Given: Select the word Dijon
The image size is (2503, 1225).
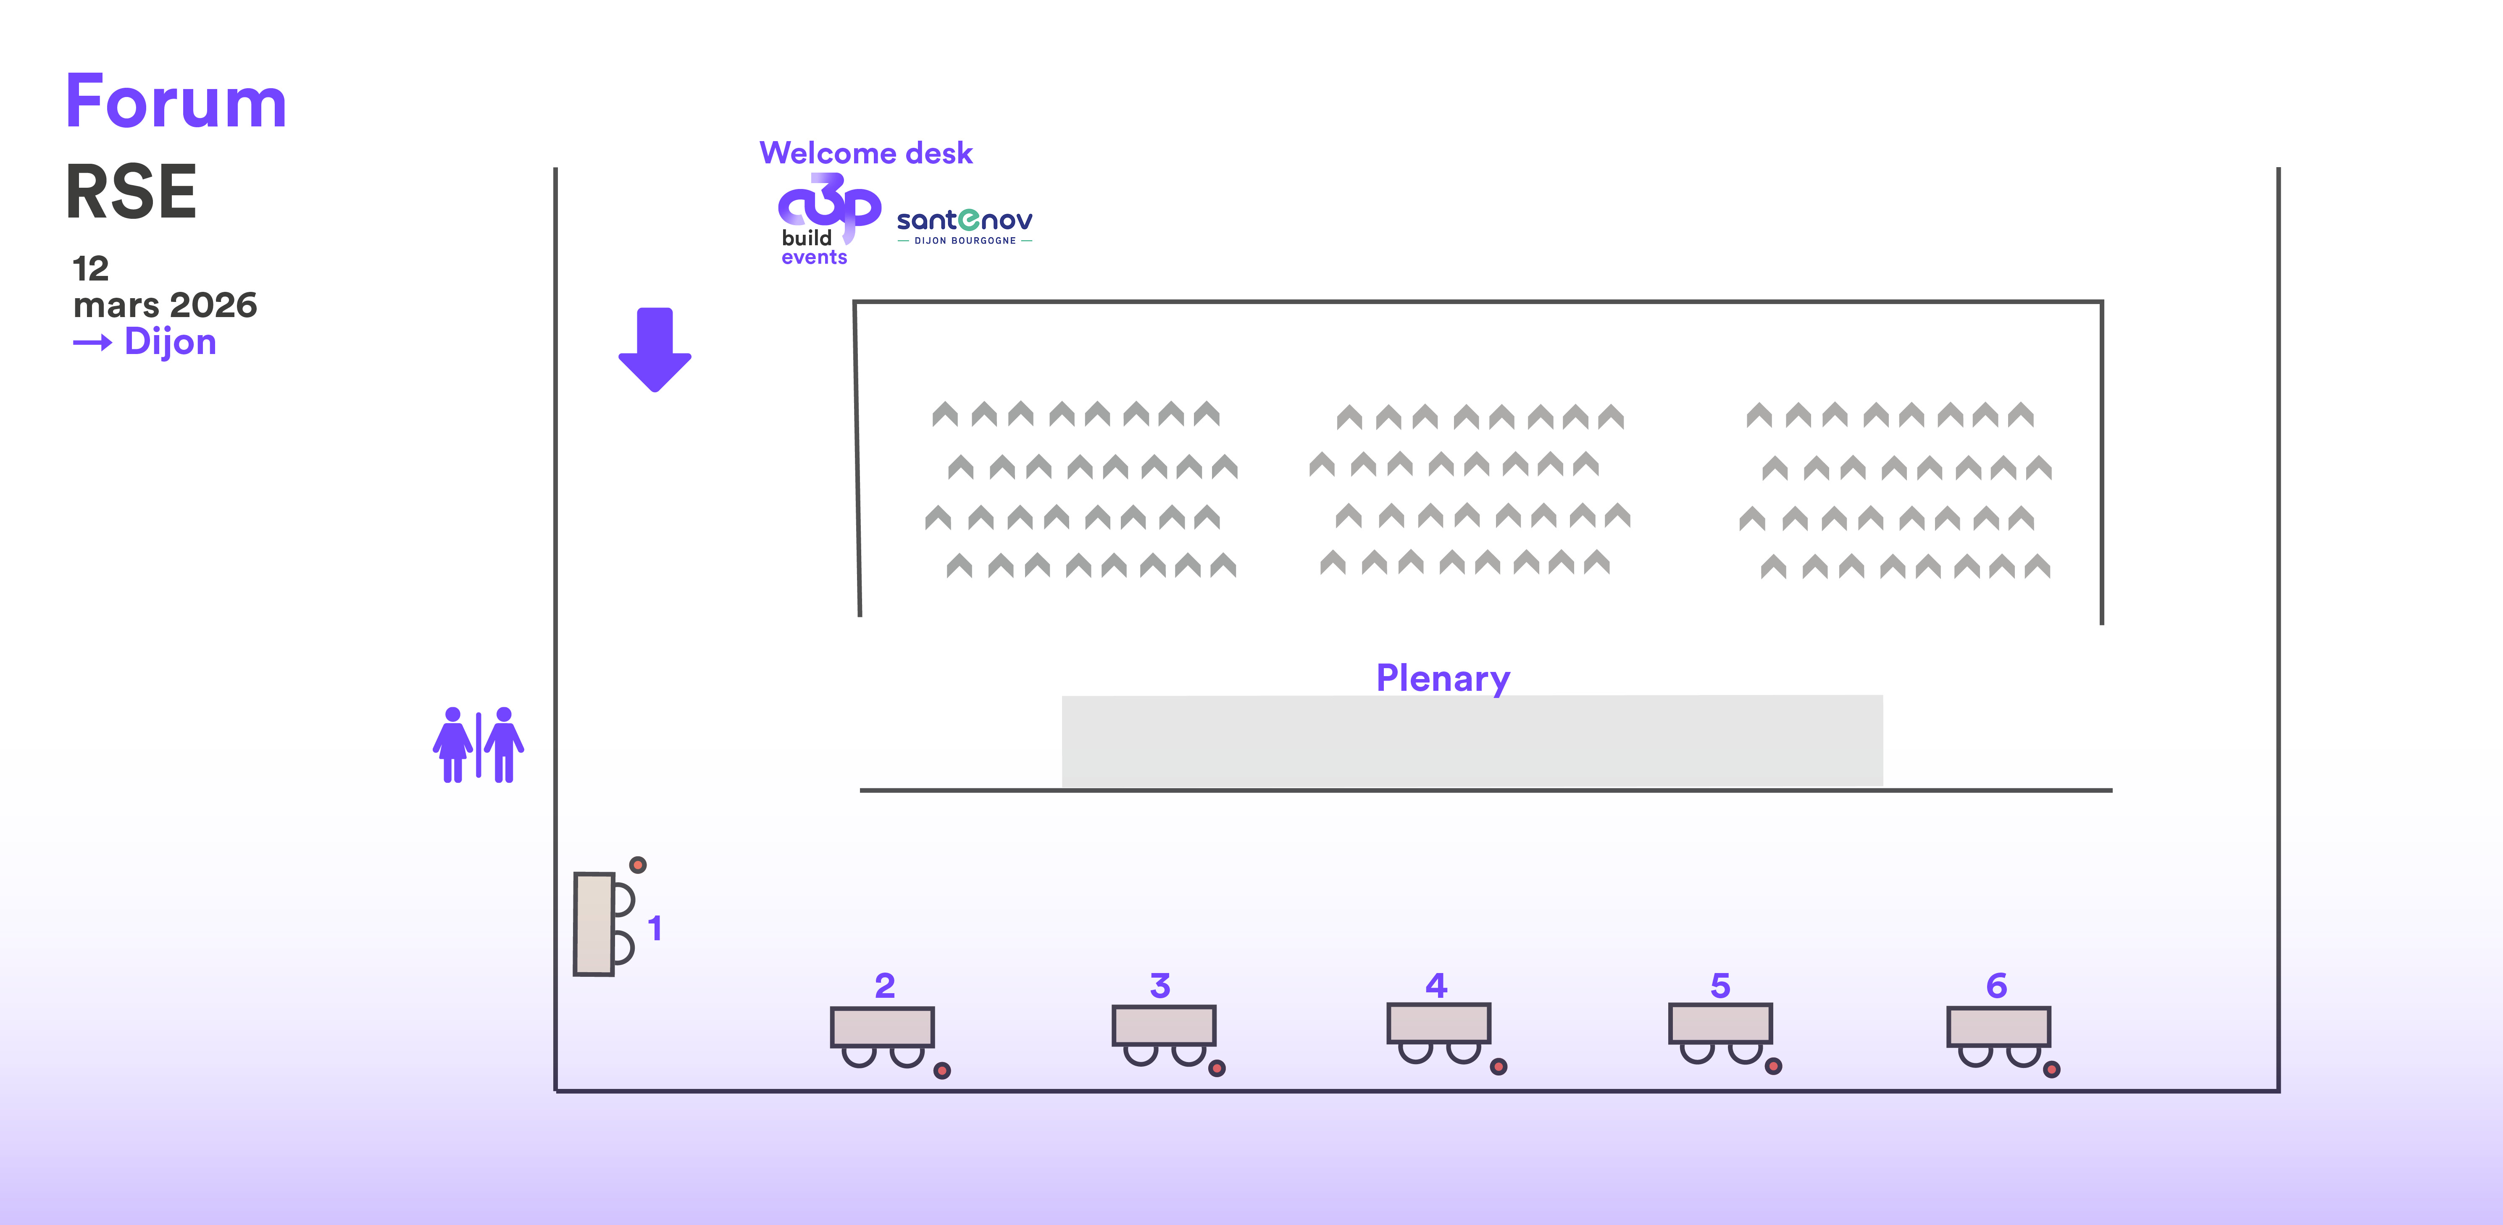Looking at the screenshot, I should tap(170, 342).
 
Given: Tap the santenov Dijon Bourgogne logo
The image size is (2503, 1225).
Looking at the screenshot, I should tap(964, 226).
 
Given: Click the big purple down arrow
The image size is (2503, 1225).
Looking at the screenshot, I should tap(655, 350).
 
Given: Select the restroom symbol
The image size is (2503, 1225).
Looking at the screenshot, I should tap(478, 745).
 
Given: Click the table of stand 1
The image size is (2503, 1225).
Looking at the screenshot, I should tap(594, 924).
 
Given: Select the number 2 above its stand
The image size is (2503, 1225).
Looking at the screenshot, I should tap(884, 986).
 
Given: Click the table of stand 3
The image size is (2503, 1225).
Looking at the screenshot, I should tap(1163, 1025).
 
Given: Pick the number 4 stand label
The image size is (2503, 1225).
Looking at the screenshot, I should tap(1436, 986).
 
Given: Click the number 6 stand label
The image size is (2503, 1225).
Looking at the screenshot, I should tap(1997, 986).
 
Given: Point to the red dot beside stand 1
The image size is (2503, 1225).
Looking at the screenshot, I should tap(639, 865).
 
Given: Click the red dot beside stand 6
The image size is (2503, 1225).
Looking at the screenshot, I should tap(2051, 1070).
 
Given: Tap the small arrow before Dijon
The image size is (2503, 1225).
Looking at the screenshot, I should tap(92, 343).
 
